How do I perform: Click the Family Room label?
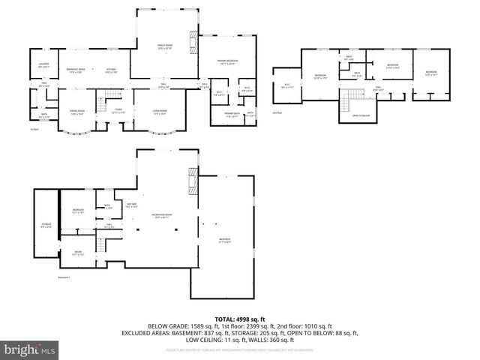[x=165, y=46]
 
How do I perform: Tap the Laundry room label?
[x=44, y=65]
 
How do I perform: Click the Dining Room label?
[x=76, y=112]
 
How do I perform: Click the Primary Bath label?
[x=232, y=115]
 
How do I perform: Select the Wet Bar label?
[x=132, y=205]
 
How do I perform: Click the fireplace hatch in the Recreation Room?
[x=194, y=182]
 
